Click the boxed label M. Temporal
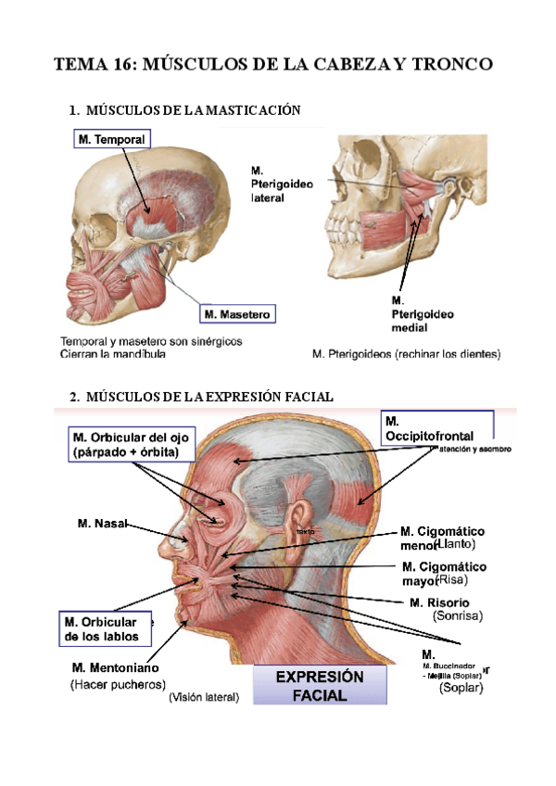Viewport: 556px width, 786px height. pos(111,139)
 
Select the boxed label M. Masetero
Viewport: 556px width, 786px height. pos(237,315)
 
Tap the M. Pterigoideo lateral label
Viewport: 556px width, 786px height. pos(282,184)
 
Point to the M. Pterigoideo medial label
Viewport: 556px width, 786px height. pos(423,314)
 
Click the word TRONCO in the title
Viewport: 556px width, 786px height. pos(449,65)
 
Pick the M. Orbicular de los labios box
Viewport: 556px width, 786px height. pos(100,629)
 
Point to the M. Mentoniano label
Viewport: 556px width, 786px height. pos(115,667)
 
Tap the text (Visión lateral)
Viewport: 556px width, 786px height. pos(204,698)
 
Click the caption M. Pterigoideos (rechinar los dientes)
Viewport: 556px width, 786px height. pos(406,354)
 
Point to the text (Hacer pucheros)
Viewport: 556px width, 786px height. pos(118,685)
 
